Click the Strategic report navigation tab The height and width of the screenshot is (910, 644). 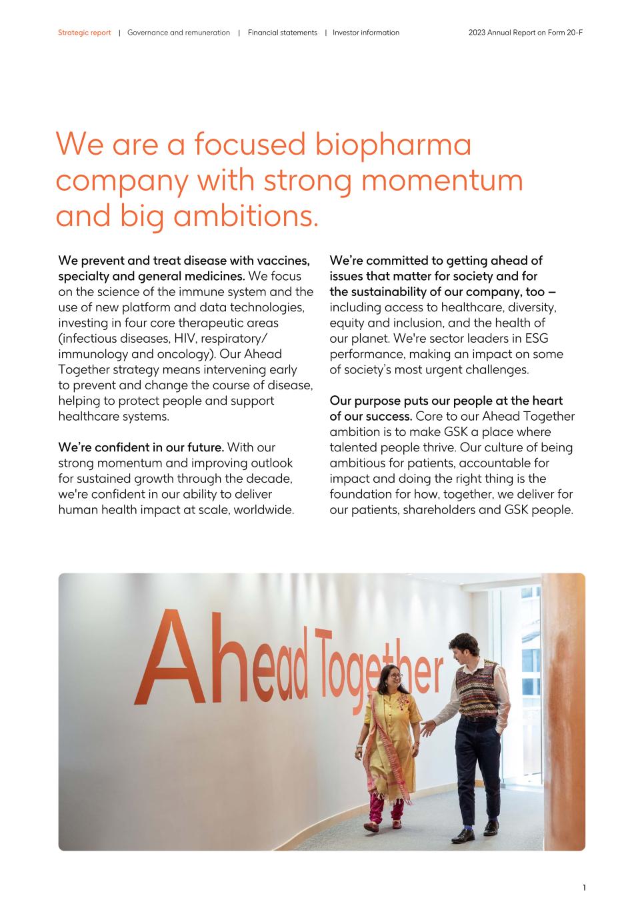coord(84,33)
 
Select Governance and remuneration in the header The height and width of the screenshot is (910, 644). coord(178,33)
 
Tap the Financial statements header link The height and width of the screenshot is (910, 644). coord(282,33)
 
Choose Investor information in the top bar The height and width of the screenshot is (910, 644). coord(366,33)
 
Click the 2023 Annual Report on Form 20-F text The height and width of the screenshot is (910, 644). coord(525,33)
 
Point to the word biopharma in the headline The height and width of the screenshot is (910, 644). coord(393,145)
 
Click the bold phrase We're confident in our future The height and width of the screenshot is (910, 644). coord(141,447)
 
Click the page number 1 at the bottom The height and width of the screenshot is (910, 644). coord(584,887)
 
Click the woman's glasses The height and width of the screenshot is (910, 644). coord(394,676)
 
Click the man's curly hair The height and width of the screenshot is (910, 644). coord(462,643)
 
